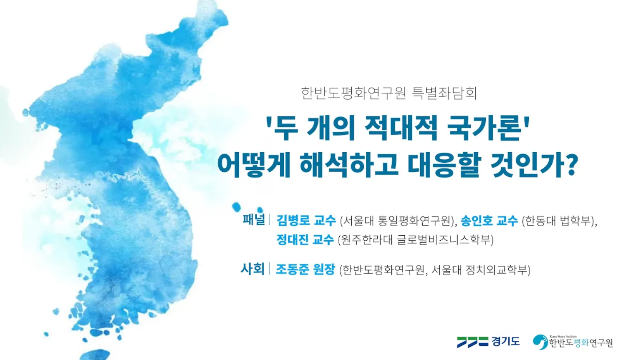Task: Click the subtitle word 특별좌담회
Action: [444, 93]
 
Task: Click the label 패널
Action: [254, 219]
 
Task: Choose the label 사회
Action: [252, 269]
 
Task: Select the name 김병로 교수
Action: [306, 220]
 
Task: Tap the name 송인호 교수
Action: [489, 220]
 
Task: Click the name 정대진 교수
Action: [305, 239]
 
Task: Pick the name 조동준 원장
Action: [305, 269]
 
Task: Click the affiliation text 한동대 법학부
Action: [558, 221]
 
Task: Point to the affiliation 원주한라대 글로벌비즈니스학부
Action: [416, 239]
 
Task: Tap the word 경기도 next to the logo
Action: [505, 342]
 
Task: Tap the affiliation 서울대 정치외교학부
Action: [479, 269]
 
